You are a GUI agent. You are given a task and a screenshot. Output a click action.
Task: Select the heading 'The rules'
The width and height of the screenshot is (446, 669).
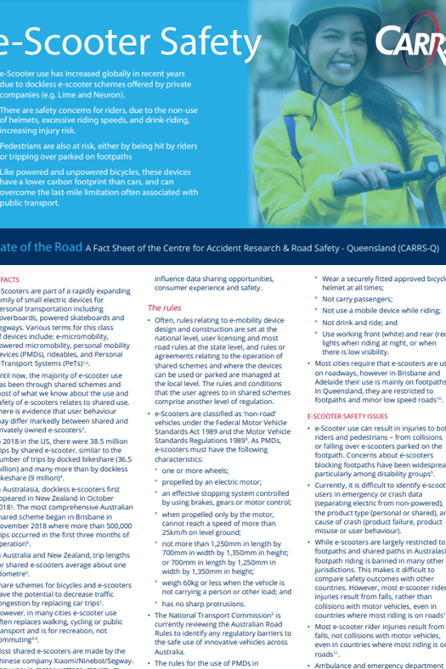[166, 308]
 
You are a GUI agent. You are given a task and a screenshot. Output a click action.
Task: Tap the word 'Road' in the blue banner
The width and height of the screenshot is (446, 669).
[59, 248]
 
